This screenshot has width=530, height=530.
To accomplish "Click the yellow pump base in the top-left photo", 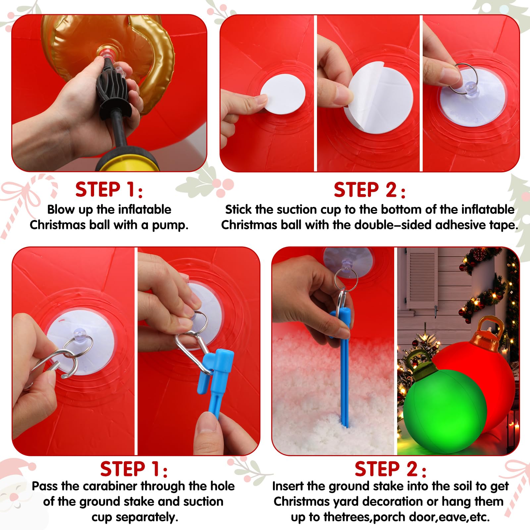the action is point(126,163).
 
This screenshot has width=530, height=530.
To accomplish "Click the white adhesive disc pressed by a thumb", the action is point(283,94).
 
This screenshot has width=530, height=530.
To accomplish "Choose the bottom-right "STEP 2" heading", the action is point(390,469).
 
